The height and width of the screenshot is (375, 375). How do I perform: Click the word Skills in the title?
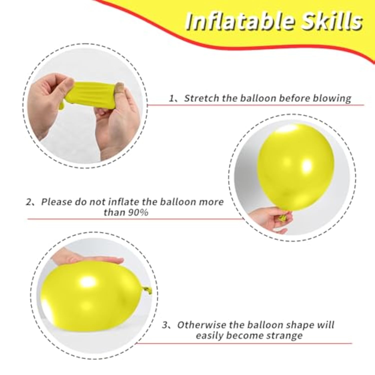click(x=331, y=21)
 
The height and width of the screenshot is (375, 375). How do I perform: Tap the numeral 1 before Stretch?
click(x=172, y=98)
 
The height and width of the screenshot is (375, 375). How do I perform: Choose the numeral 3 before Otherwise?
click(x=165, y=325)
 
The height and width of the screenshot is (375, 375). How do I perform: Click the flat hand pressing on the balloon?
click(x=87, y=257)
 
